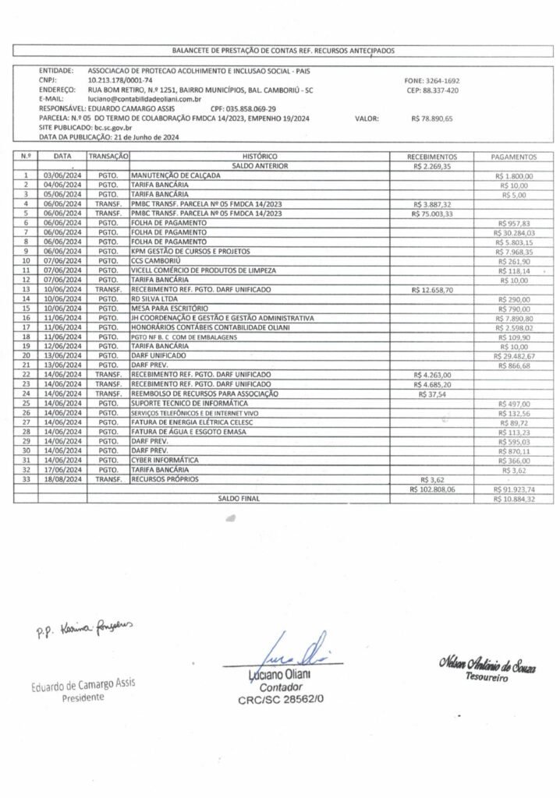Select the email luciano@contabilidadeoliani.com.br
tap(145, 100)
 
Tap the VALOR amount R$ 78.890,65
tap(431, 119)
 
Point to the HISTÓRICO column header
tap(261, 156)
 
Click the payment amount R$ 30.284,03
tap(514, 232)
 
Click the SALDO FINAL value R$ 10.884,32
tap(514, 499)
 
